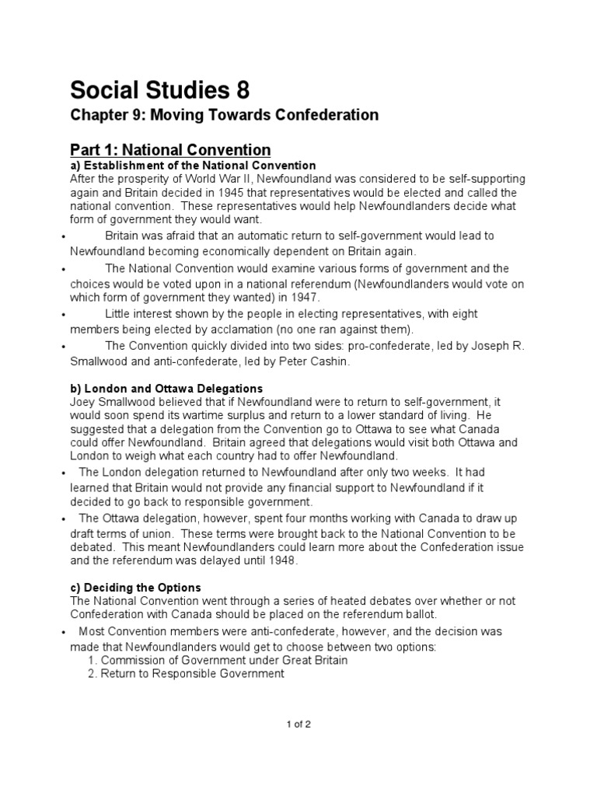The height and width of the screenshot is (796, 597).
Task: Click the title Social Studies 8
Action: coord(160,91)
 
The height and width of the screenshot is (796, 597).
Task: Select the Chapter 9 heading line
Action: coord(224,116)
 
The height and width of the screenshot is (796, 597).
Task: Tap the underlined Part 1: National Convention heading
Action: coord(170,150)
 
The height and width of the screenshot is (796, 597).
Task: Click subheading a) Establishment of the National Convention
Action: coord(193,166)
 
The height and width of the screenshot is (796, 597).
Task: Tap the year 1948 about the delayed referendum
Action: coord(283,560)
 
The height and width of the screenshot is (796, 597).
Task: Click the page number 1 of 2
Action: coord(298,724)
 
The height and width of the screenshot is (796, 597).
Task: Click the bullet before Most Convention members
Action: coord(61,633)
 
